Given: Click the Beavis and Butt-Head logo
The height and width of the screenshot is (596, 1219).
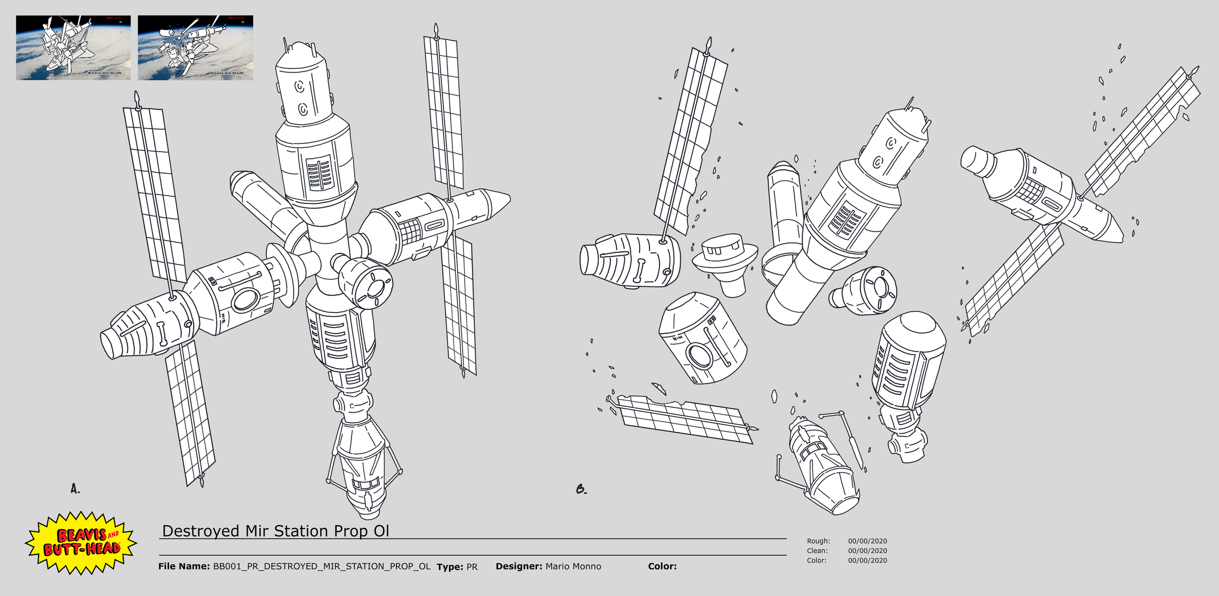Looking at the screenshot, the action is pos(81,542).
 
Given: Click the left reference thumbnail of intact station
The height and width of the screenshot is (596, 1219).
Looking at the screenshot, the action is pos(73,47).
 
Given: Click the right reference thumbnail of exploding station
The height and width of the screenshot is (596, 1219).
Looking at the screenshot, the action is pos(195,47).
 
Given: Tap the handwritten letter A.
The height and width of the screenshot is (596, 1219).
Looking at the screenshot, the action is pos(75,489).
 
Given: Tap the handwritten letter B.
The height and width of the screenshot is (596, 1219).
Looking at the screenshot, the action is pos(581,489).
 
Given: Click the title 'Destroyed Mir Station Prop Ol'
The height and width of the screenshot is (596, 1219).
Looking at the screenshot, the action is pos(275,531).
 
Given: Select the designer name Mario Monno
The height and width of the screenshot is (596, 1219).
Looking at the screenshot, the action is pos(573,566).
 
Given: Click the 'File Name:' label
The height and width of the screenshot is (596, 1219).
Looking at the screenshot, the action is pos(184,566).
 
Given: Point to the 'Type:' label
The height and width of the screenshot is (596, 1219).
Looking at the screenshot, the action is pos(450,567).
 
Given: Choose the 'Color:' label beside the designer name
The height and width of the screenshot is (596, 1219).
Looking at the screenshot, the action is pos(662,566).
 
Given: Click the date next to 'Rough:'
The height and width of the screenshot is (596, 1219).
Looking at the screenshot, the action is pos(867,541).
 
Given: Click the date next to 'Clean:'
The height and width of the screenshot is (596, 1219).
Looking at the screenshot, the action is pos(867,551).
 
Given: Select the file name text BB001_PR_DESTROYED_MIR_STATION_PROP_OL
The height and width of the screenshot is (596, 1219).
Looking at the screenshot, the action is pos(322,566).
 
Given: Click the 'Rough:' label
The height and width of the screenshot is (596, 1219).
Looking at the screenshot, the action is pos(818,541).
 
